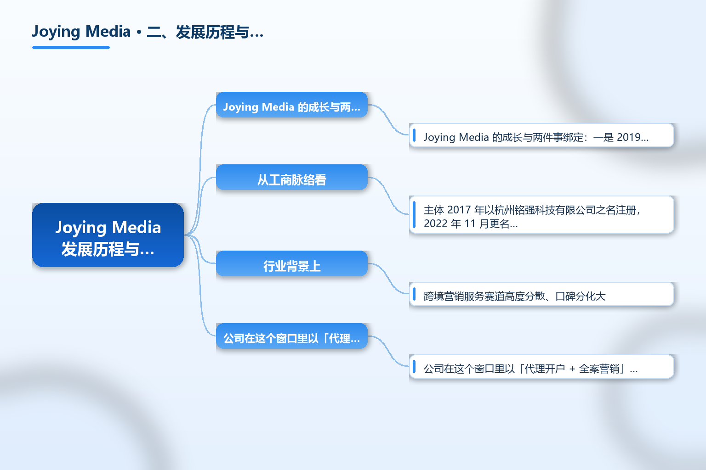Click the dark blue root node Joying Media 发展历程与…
[108, 235]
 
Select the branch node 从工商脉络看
[292, 177]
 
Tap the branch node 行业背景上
[292, 263]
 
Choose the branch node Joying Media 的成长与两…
[292, 105]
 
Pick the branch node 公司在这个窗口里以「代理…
[292, 336]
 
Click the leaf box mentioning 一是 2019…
[541, 135]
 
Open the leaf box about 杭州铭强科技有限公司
[541, 215]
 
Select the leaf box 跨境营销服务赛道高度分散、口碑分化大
[541, 294]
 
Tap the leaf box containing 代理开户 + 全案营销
[541, 367]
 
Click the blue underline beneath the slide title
[71, 48]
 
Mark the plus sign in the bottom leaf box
[572, 369]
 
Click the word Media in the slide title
[108, 32]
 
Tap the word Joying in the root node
[81, 228]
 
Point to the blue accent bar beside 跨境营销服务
[414, 294]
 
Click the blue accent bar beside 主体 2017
[414, 215]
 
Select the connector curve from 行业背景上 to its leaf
[388, 279]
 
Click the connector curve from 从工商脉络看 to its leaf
[388, 196]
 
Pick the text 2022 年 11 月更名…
[471, 224]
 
